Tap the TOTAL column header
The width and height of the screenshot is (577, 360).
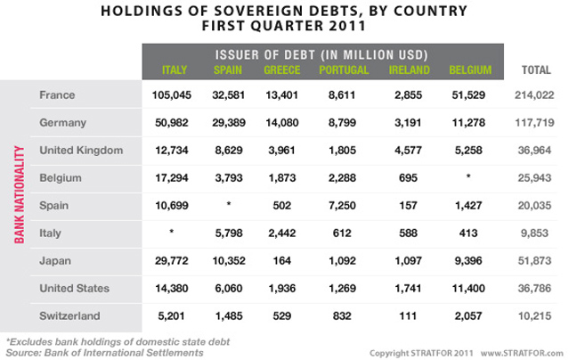point(533,70)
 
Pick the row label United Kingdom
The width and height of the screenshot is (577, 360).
point(82,150)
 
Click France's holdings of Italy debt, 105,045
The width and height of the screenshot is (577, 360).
point(174,94)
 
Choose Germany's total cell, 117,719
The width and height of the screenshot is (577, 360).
point(533,121)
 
